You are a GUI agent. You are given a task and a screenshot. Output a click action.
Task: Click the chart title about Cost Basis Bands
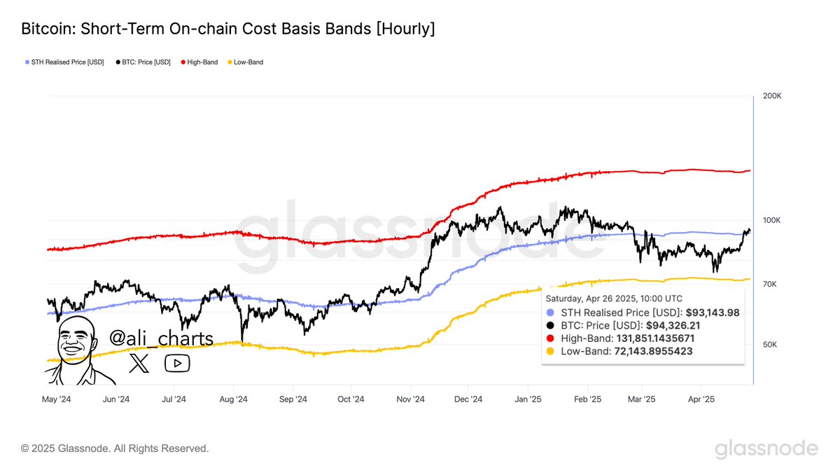pyautogui.click(x=227, y=29)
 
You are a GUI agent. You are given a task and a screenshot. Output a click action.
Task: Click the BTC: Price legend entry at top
pyautogui.click(x=143, y=62)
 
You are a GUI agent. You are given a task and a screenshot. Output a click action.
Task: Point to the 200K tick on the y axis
pyautogui.click(x=772, y=95)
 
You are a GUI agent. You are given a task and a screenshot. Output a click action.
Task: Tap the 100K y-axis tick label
pyautogui.click(x=772, y=221)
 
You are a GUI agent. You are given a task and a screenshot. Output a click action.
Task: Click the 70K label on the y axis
pyautogui.click(x=770, y=285)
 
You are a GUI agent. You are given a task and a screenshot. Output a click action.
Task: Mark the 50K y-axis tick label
pyautogui.click(x=770, y=345)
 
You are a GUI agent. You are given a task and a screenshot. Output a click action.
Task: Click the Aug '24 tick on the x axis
pyautogui.click(x=233, y=399)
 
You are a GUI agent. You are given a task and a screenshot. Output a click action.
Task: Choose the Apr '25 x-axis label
pyautogui.click(x=701, y=399)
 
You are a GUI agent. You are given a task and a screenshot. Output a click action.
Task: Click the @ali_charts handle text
pyautogui.click(x=161, y=339)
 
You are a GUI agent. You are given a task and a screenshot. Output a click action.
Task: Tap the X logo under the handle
pyautogui.click(x=139, y=363)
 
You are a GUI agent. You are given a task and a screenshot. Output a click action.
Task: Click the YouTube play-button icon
pyautogui.click(x=177, y=363)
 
